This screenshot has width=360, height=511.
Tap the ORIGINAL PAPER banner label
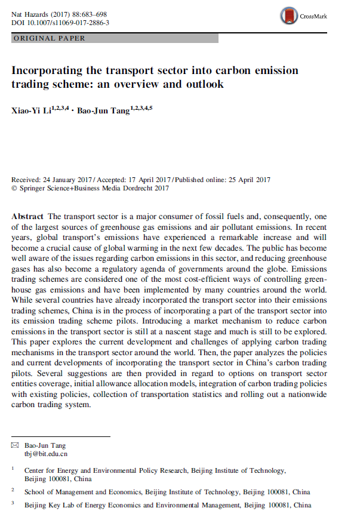point(49,38)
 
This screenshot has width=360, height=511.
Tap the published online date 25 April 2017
point(244,180)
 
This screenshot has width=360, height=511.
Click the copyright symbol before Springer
point(14,188)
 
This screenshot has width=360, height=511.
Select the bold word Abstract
point(27,216)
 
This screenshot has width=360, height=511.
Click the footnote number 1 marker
point(13,469)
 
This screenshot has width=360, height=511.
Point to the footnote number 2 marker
point(13,490)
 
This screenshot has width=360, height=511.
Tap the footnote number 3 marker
point(13,503)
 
